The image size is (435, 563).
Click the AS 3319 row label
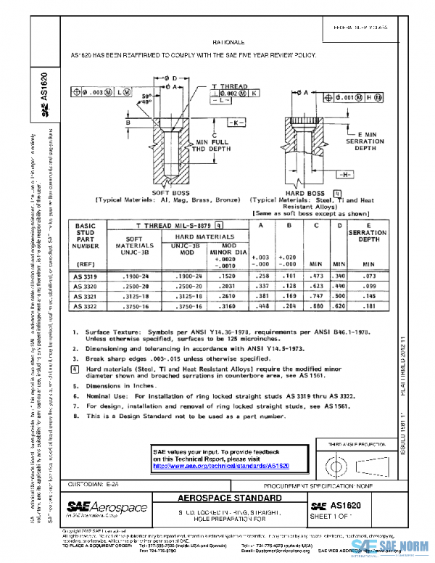coord(86,276)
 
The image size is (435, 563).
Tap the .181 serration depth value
coord(369,305)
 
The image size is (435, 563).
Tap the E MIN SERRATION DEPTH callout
coord(370,141)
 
